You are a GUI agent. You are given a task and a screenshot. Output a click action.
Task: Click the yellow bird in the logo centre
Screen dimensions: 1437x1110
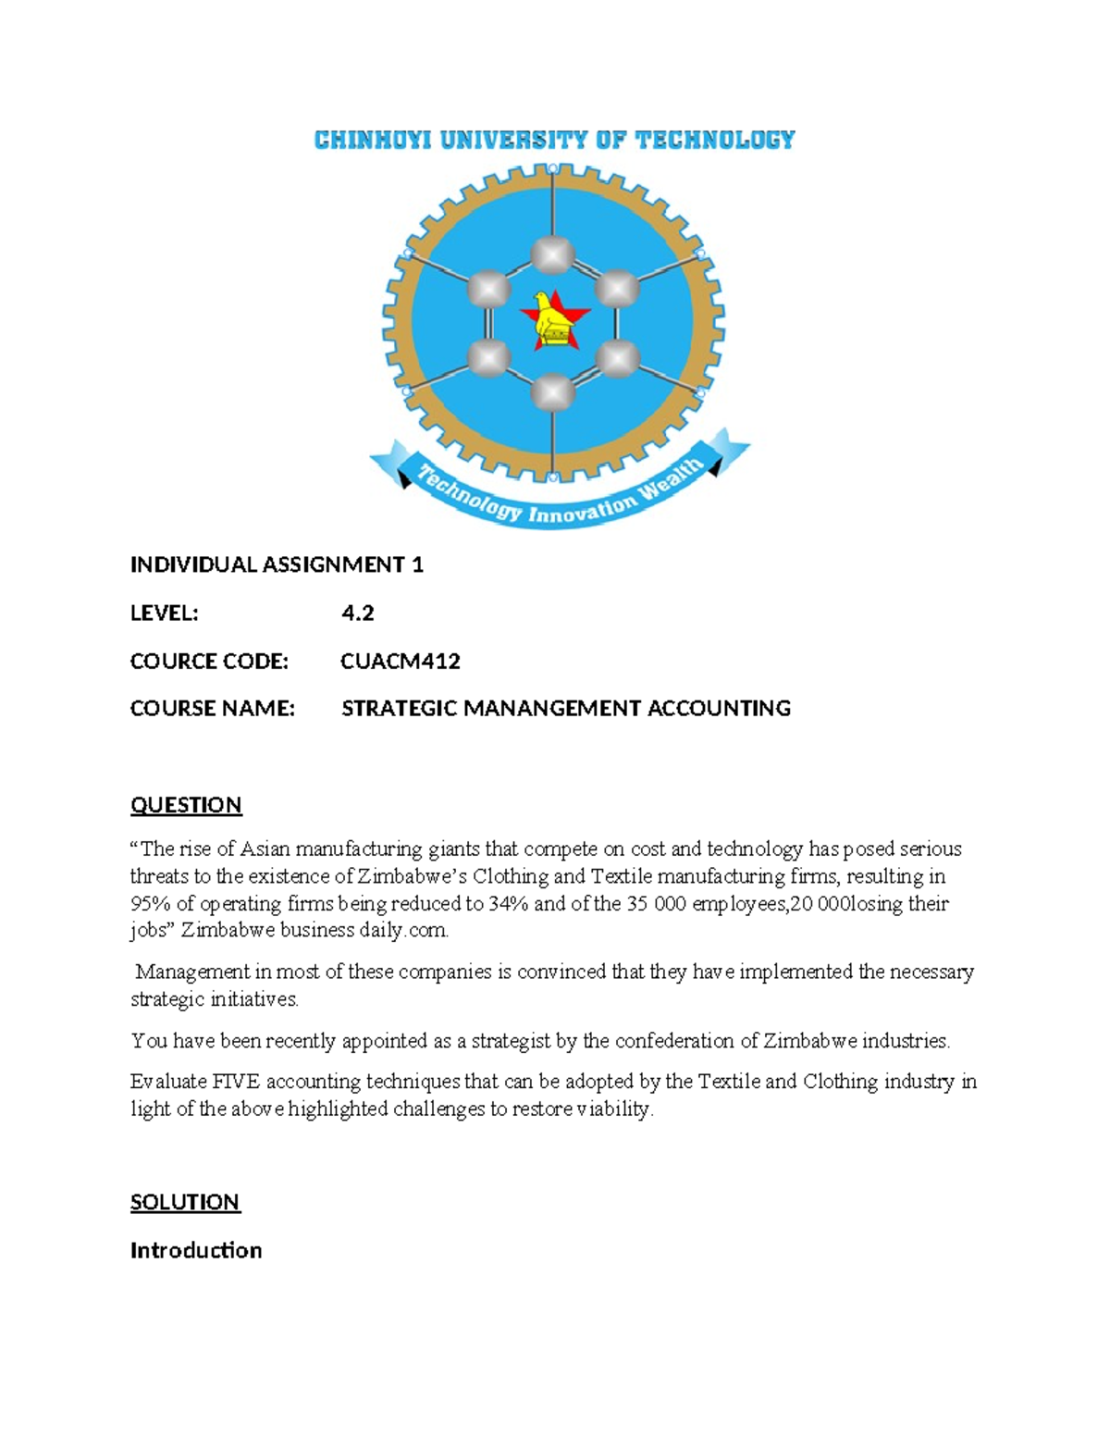tap(553, 318)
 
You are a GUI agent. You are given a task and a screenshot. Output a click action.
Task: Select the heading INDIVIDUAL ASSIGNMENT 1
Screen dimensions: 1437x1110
tap(277, 564)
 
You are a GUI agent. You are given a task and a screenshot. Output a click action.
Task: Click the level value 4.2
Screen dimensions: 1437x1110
tap(357, 613)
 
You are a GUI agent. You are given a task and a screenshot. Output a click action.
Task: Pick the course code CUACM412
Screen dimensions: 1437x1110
tap(400, 661)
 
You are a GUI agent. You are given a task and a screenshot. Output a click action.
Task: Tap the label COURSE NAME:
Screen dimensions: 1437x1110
tap(212, 708)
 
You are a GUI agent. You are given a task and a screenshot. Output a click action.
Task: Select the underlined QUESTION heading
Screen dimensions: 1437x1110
tap(186, 805)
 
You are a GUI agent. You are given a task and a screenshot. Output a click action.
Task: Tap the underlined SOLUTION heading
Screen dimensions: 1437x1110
tap(185, 1202)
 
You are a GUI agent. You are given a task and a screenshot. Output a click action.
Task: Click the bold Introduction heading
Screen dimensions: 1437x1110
tap(196, 1250)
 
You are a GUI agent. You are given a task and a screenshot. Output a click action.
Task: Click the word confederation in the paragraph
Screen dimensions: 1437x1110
tap(673, 1040)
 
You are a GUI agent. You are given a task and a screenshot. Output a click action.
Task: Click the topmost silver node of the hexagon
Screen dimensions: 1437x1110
tap(553, 255)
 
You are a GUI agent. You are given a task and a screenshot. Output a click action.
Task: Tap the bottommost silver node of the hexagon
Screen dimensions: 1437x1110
tap(553, 393)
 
